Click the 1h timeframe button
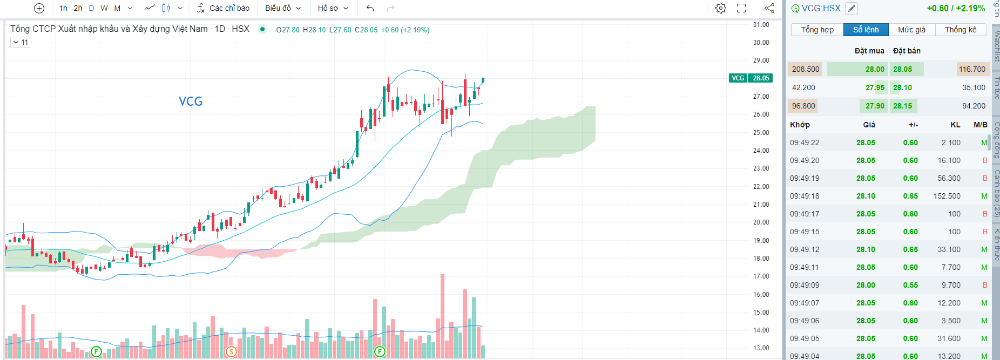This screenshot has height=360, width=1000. tap(63, 8)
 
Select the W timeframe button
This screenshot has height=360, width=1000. tap(104, 8)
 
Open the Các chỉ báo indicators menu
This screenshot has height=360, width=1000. tap(224, 8)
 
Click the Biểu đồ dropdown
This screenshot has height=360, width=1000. tap(282, 8)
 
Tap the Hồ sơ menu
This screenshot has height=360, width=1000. tap(333, 8)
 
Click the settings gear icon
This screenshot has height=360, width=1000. tap(720, 8)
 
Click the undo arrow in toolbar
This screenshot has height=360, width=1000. tap(370, 8)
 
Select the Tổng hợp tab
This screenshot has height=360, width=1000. tap(817, 30)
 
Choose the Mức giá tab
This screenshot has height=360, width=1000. tap(911, 30)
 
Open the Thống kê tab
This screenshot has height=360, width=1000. tap(961, 30)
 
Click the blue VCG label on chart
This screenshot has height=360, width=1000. tap(191, 101)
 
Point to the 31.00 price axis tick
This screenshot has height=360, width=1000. tap(761, 25)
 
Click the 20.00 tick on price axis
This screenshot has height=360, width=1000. tap(761, 222)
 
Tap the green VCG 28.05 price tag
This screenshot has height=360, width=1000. tap(751, 78)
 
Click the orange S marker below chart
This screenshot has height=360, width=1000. tap(231, 352)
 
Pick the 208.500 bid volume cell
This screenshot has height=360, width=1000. tap(805, 69)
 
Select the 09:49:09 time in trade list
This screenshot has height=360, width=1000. tap(805, 285)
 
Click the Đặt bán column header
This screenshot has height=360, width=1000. tap(907, 51)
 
